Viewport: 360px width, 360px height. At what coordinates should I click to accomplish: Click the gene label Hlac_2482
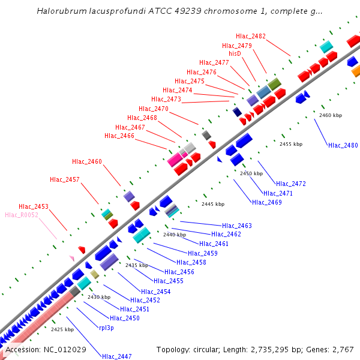[251, 37]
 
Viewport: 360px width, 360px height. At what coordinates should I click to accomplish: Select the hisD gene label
[235, 53]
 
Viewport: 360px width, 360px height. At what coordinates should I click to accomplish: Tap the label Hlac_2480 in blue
[343, 146]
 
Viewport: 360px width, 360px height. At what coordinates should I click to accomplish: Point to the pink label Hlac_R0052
[22, 215]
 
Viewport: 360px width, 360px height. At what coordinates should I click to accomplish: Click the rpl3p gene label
[106, 328]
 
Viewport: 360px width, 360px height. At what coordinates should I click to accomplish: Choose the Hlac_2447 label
[116, 356]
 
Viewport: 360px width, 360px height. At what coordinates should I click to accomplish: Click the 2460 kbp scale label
[330, 115]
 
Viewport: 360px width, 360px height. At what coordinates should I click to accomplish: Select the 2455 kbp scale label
[291, 144]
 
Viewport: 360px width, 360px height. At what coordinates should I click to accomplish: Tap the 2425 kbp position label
[62, 329]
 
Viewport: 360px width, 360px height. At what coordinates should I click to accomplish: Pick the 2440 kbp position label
[175, 235]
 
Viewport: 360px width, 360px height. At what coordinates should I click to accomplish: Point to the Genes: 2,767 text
[332, 349]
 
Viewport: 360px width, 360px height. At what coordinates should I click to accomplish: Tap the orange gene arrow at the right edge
[356, 71]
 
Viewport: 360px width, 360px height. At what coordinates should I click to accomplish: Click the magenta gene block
[175, 159]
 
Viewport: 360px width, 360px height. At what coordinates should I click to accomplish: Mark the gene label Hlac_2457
[65, 179]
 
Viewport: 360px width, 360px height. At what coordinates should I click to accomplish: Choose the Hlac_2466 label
[119, 136]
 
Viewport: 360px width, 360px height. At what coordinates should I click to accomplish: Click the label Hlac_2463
[237, 226]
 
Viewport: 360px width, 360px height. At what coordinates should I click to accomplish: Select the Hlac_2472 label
[291, 184]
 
